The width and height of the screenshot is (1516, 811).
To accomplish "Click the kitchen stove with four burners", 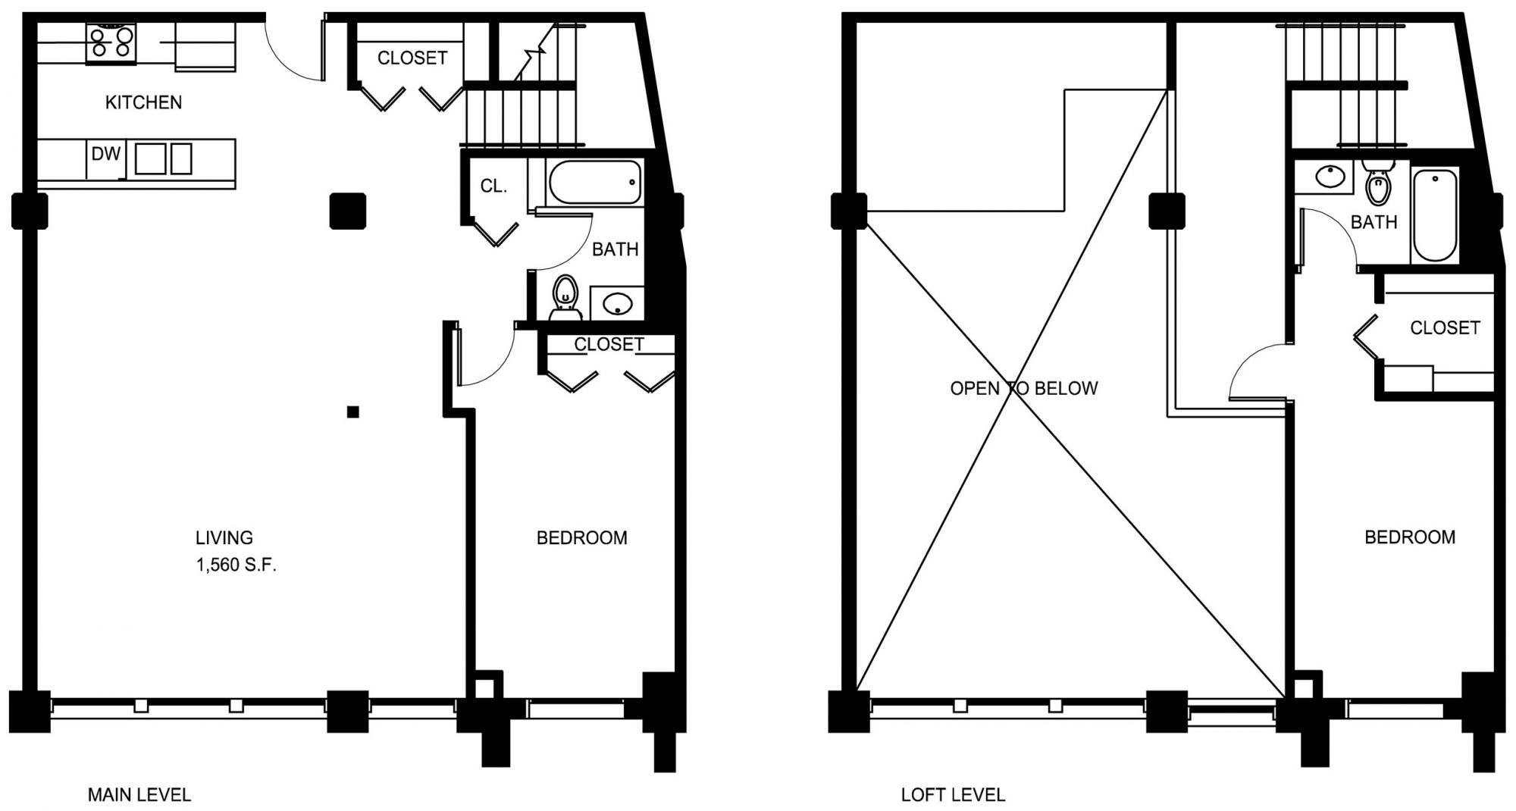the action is [111, 42].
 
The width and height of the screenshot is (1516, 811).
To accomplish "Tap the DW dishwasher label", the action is [106, 154].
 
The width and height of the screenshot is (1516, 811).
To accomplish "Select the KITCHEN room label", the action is [143, 102].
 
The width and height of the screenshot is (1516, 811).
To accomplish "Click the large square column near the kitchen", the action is [348, 211].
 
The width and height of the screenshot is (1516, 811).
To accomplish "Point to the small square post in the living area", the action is [352, 412].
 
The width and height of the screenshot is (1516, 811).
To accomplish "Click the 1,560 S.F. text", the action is [236, 565].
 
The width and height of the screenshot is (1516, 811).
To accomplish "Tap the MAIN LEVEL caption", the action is [139, 795].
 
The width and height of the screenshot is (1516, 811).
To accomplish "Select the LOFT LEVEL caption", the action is [953, 795].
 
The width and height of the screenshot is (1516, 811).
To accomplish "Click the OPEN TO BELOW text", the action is [1023, 388].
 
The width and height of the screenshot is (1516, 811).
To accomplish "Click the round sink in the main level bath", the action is [617, 304].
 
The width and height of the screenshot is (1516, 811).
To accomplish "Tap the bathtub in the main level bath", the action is [594, 182].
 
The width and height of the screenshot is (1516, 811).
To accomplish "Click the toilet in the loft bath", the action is [1377, 183].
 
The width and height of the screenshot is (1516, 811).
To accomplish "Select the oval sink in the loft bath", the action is [1330, 177].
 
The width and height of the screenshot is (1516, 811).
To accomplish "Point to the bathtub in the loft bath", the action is [1434, 215].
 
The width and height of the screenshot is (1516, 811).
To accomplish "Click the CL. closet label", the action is [493, 186].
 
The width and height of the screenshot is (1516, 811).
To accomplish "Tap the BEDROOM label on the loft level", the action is [1410, 537].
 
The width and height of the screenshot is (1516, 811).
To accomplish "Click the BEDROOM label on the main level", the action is [582, 538].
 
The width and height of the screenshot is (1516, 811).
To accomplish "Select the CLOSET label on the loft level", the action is [1445, 327].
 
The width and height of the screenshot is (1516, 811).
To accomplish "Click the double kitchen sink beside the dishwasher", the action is [163, 159].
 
